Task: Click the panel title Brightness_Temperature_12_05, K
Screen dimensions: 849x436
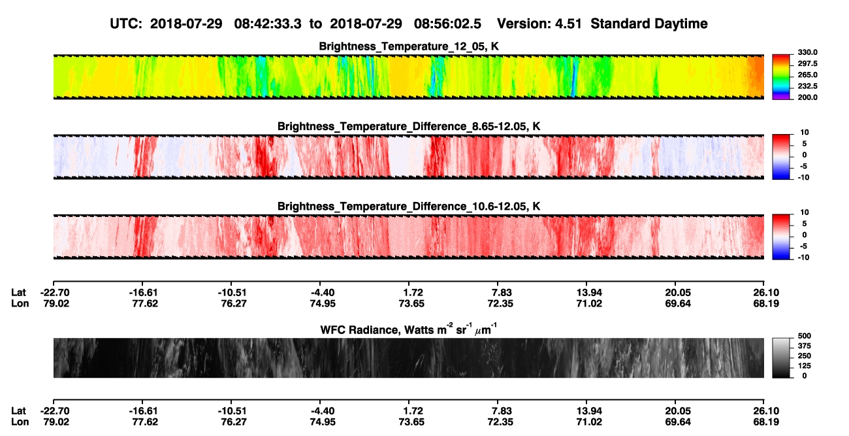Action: click(409, 46)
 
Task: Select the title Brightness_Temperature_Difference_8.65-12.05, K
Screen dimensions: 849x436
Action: click(409, 126)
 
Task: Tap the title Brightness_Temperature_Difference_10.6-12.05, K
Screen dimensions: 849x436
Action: click(409, 207)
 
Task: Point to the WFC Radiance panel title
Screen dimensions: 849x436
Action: click(409, 329)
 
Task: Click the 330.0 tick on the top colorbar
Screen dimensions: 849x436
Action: click(807, 52)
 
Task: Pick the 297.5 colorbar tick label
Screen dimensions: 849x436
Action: click(807, 63)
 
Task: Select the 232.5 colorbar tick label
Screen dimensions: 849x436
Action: click(807, 86)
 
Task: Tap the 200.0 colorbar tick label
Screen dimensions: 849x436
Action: click(807, 97)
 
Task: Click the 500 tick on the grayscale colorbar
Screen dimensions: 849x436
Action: click(805, 336)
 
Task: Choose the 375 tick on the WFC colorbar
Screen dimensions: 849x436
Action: click(805, 346)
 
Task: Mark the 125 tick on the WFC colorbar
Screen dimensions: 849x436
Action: click(805, 366)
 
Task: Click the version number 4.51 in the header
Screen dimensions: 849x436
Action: click(568, 24)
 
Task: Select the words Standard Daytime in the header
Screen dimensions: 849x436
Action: click(649, 24)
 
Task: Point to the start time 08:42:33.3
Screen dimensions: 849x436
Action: click(268, 24)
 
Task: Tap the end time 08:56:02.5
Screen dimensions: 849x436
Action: click(447, 24)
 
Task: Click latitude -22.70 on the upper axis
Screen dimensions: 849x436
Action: click(55, 293)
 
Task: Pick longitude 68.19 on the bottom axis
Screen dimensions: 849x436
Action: click(766, 422)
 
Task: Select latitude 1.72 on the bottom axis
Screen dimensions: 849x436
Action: click(412, 411)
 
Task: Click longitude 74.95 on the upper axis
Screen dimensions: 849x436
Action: click(323, 303)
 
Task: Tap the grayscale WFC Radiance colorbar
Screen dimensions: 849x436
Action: click(781, 358)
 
